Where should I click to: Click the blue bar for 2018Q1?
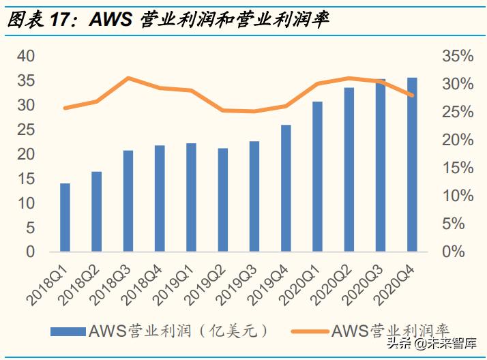pyautogui.click(x=65, y=217)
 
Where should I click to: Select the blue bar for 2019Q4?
pyautogui.click(x=286, y=188)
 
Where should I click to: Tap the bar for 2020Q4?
pyautogui.click(x=412, y=164)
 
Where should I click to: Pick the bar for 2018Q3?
pyautogui.click(x=128, y=200)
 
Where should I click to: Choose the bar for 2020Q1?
pyautogui.click(x=317, y=177)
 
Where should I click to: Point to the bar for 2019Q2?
pyautogui.click(x=223, y=200)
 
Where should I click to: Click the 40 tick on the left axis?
pyautogui.click(x=25, y=56)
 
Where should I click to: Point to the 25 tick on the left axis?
pyautogui.click(x=25, y=130)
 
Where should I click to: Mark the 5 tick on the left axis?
pyautogui.click(x=29, y=228)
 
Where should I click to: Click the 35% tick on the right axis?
pyautogui.click(x=457, y=56)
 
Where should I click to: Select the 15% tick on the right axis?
pyautogui.click(x=457, y=168)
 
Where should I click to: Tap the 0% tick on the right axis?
pyautogui.click(x=461, y=252)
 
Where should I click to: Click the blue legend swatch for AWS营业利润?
pyautogui.click(x=68, y=331)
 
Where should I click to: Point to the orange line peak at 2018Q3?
pyautogui.click(x=128, y=78)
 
